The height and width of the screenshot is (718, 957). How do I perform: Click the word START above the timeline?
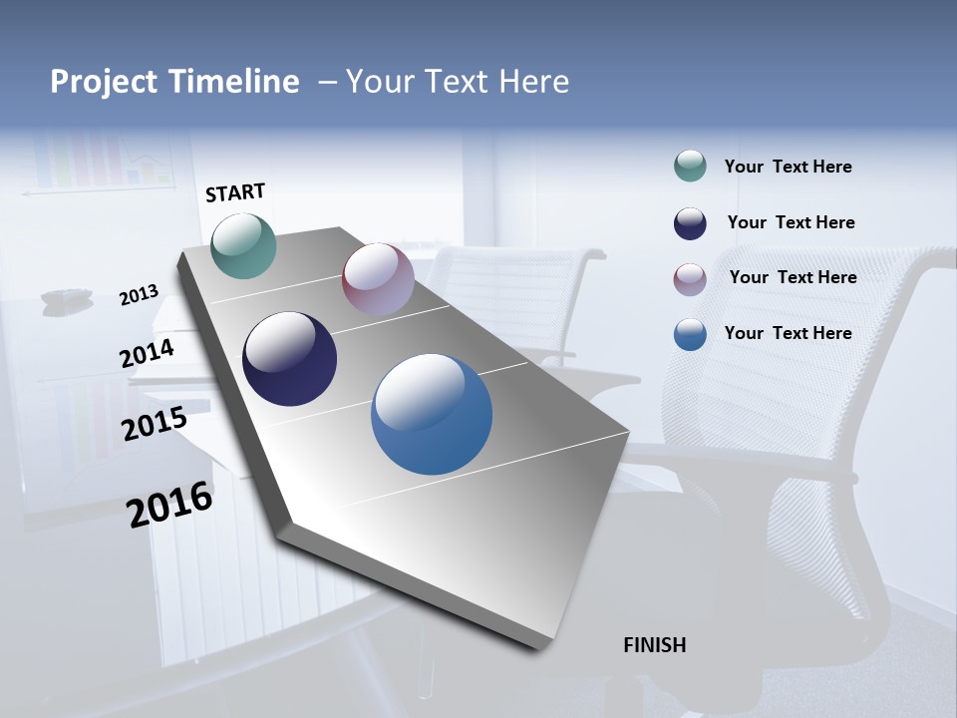click(x=235, y=192)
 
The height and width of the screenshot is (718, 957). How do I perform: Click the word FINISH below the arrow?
click(x=655, y=645)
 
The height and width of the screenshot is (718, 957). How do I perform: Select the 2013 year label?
click(x=139, y=295)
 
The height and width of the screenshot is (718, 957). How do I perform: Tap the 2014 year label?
click(x=147, y=354)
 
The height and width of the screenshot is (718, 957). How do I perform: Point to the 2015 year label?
click(x=154, y=424)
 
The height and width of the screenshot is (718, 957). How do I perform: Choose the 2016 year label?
click(x=169, y=505)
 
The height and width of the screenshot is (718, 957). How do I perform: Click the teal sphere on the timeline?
click(x=244, y=245)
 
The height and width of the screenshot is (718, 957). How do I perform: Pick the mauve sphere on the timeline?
click(x=378, y=279)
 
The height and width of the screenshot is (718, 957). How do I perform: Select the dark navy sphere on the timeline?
click(x=289, y=359)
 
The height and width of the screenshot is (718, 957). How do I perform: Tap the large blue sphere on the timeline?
click(x=432, y=414)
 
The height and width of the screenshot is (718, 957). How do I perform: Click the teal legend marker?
click(x=690, y=166)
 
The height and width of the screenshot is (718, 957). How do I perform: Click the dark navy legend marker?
click(x=690, y=223)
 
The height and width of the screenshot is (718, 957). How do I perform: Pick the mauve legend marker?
click(x=690, y=279)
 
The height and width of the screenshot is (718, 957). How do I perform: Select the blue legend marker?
click(x=690, y=334)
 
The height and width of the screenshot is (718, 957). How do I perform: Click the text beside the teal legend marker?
click(x=788, y=167)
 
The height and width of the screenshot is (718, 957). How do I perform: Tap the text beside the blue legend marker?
click(x=788, y=333)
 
